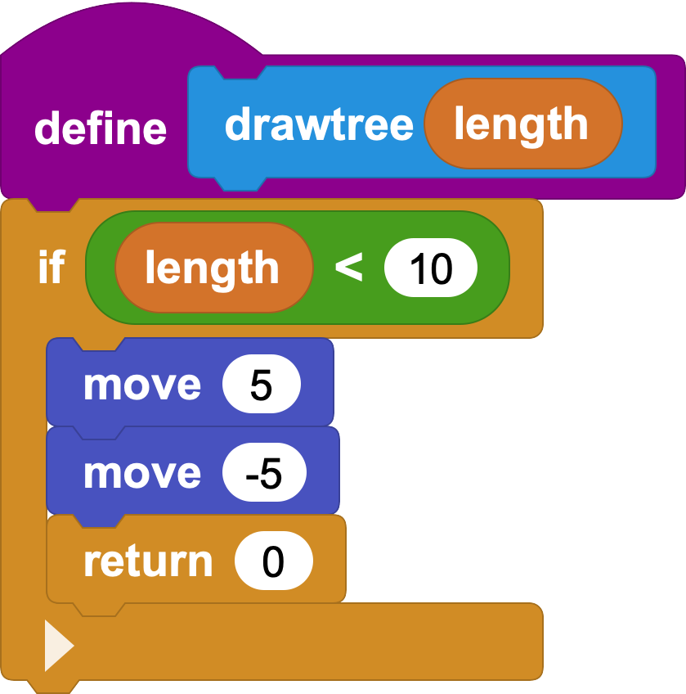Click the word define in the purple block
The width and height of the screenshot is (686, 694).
coord(101,128)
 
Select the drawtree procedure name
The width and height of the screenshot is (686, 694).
coord(319,124)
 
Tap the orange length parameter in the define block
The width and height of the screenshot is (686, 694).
coord(523,124)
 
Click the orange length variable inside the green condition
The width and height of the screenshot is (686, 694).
coord(214,268)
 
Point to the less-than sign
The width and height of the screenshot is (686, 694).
coord(349,267)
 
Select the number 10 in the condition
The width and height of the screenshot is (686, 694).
coord(431,268)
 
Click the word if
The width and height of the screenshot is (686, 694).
coord(52,267)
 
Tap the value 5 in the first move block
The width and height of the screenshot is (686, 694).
coord(262,384)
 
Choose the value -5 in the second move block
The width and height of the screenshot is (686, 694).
coord(264,472)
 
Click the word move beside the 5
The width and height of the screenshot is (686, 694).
coord(142,385)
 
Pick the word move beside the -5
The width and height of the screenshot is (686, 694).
coord(142,474)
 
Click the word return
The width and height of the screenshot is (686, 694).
coord(148,561)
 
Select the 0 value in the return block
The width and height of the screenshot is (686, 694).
coord(274,561)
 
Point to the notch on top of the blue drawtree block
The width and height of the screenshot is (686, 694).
coord(240,73)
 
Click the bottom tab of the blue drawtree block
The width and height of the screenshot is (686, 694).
coord(240,184)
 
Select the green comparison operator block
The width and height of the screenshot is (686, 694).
coord(298,268)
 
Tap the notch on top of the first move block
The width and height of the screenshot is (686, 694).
coord(99,345)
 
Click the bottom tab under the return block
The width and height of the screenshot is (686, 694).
coord(99,610)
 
